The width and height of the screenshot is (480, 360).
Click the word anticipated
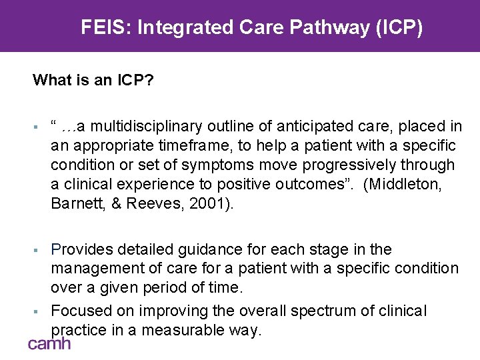coord(322,125)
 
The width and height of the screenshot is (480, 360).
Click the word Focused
coord(79,311)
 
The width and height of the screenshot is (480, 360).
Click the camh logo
coord(49,343)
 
